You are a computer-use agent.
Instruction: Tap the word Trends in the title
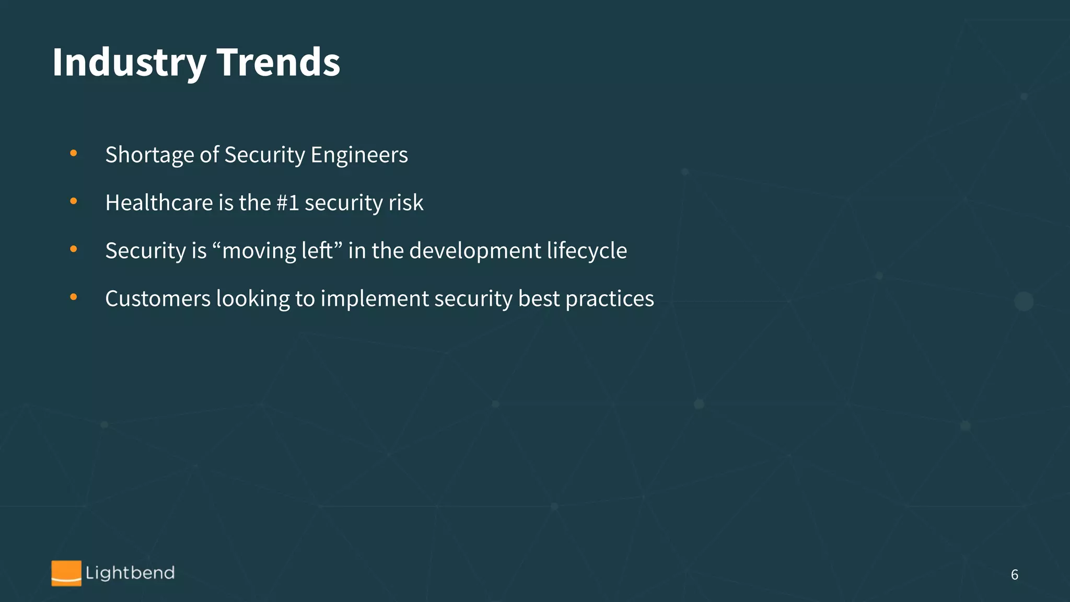[278, 63]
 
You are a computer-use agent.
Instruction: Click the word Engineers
[359, 155]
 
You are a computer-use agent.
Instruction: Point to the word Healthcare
[159, 203]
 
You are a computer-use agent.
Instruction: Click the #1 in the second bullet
[287, 203]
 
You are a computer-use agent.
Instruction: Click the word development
[475, 251]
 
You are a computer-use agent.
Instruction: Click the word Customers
[158, 299]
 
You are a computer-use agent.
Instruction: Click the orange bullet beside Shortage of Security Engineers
[74, 153]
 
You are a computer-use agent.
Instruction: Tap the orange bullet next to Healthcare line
[74, 201]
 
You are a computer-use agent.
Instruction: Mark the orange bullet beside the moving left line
[74, 249]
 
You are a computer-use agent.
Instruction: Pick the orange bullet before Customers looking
[74, 297]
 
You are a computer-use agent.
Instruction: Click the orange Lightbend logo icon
[66, 573]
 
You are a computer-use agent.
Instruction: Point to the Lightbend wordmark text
[130, 573]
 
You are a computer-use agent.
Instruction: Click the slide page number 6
[1015, 575]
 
